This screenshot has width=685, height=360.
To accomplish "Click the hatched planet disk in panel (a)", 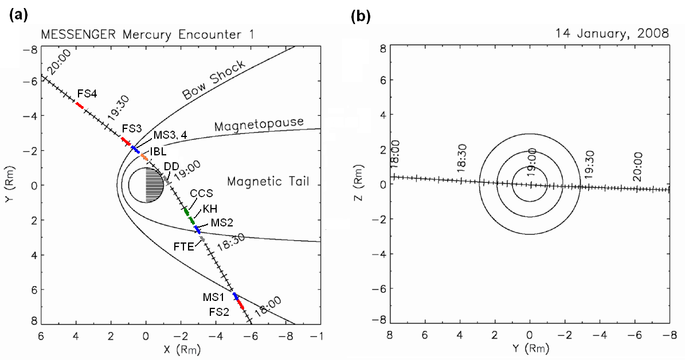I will pos(146,185).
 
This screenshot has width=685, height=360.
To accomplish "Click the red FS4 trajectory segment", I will pos(79,105).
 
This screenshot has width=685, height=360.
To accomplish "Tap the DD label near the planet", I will pos(171,166).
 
